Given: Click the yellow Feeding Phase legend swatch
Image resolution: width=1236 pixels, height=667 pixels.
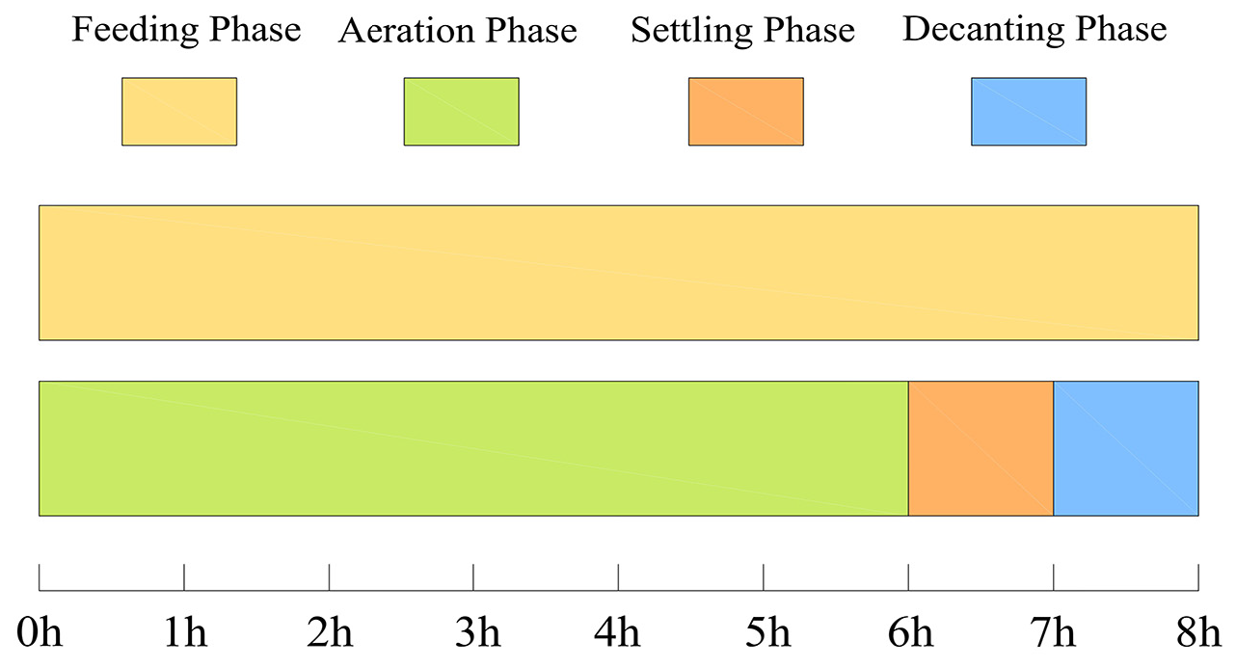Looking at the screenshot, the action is tap(179, 112).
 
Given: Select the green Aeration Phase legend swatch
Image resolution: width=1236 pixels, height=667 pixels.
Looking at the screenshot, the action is tap(461, 112).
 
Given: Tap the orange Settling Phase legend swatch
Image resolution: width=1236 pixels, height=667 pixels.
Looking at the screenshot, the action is tap(746, 112).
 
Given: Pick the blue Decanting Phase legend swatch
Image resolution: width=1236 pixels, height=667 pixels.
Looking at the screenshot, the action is tap(1029, 112).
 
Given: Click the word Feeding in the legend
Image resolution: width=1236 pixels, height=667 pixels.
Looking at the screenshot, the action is tap(135, 30).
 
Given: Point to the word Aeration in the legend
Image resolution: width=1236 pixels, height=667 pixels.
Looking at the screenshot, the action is tap(407, 31).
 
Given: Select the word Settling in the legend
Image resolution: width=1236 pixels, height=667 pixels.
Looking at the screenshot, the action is tap(692, 31).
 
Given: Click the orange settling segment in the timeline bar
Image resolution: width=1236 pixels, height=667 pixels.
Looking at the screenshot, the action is tap(981, 448).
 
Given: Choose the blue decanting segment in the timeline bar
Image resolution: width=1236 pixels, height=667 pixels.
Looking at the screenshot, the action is tap(1126, 448).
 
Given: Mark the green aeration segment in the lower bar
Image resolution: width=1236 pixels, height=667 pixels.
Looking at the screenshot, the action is tap(473, 448).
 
